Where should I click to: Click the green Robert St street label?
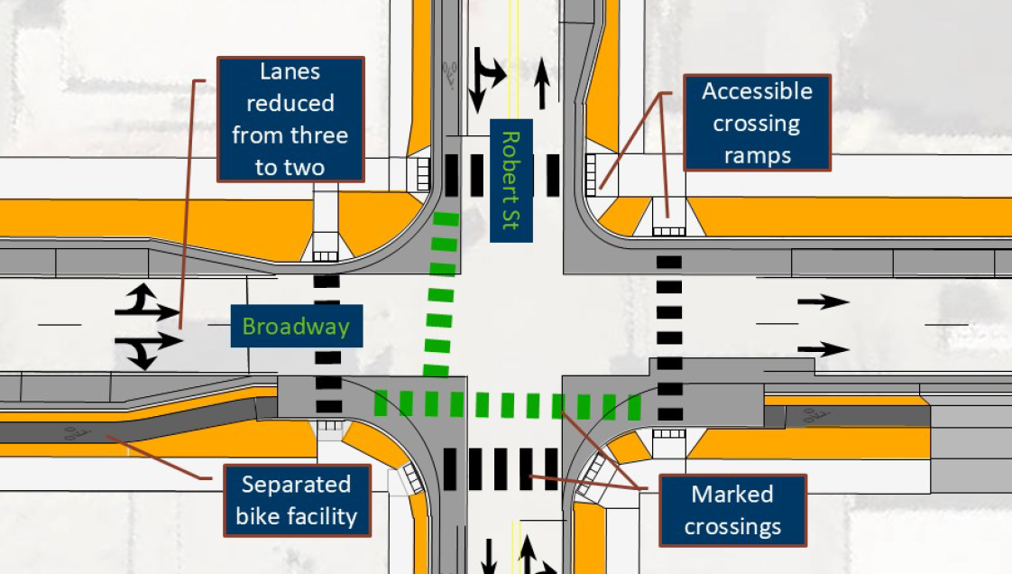(x=511, y=180)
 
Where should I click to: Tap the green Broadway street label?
(x=296, y=326)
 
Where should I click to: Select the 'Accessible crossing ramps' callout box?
(x=757, y=123)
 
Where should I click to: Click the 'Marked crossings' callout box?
(x=731, y=510)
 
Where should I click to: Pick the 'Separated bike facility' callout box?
(x=296, y=501)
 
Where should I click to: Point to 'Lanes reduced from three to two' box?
(x=290, y=119)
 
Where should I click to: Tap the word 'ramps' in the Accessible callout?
(x=757, y=154)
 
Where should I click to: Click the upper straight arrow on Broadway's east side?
(x=822, y=302)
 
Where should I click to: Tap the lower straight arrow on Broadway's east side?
(x=822, y=348)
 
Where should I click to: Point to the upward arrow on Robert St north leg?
(x=542, y=83)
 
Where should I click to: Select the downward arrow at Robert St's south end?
(x=488, y=556)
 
